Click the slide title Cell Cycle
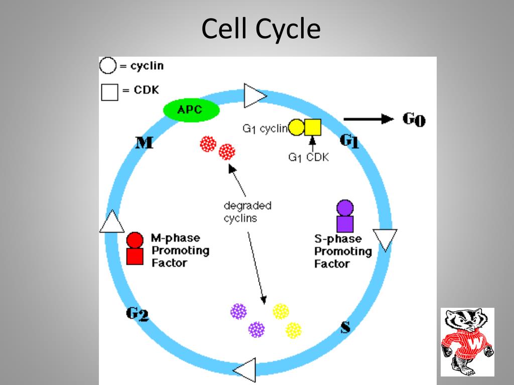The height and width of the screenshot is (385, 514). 261,29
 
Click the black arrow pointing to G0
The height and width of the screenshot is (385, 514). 368,119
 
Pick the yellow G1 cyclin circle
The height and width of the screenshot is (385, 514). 296,128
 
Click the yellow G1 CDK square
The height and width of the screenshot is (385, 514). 312,128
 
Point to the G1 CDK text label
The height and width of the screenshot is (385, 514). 308,157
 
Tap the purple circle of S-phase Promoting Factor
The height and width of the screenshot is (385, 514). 345,208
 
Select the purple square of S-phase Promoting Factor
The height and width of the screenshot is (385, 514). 345,224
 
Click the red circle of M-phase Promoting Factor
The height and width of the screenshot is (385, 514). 135,240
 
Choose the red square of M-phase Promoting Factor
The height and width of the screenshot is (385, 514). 135,256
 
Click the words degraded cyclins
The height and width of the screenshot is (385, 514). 247,212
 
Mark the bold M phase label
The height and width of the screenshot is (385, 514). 145,143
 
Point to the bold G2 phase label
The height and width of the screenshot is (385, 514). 137,314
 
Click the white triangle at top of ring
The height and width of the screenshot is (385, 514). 253,95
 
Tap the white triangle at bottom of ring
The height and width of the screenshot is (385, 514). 246,371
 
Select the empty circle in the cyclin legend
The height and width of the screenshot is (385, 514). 108,66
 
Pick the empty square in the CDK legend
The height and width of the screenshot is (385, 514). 109,92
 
